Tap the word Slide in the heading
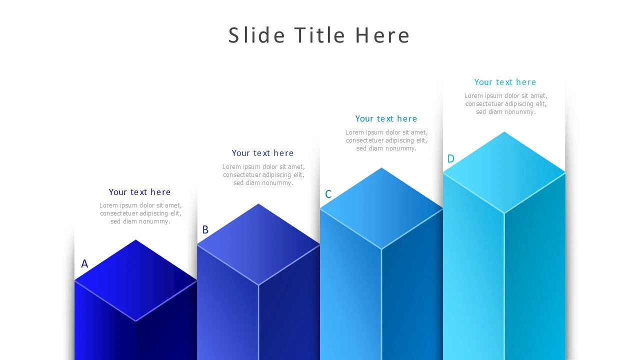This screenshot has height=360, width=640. [256, 35]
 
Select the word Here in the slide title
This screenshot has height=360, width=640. [382, 35]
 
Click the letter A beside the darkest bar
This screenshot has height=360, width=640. [84, 263]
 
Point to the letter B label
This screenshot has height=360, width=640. [205, 229]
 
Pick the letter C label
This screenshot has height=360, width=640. [328, 194]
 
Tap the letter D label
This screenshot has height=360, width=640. [450, 158]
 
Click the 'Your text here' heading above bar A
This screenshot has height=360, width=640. [139, 192]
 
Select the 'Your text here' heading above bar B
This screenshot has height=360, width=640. [262, 153]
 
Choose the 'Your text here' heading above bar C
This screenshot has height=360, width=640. [386, 118]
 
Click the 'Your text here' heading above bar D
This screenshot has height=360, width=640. [505, 82]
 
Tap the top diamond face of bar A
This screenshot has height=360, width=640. [135, 280]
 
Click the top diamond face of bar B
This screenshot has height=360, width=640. [258, 244]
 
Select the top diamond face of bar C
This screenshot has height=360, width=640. [381, 208]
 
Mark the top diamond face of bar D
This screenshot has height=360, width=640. [504, 172]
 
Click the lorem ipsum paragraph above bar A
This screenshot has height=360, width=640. [140, 213]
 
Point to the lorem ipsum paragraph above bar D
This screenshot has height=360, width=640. [505, 104]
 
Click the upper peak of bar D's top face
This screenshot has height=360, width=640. [504, 132]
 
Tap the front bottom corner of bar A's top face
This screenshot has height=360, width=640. [135, 321]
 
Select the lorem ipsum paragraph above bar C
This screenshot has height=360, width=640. [386, 140]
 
